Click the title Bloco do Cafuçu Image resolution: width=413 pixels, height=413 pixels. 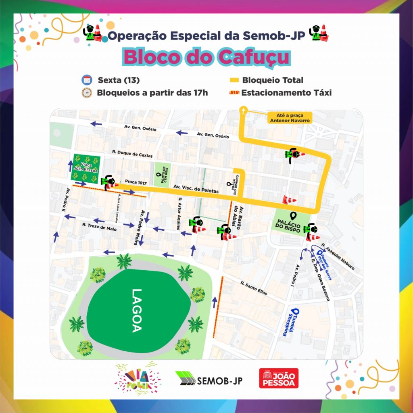click(x=206, y=57)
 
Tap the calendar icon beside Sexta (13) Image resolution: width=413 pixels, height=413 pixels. click(x=86, y=79)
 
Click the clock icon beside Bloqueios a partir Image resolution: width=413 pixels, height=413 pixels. click(x=86, y=93)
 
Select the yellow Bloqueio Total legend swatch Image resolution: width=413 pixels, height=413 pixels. click(x=234, y=80)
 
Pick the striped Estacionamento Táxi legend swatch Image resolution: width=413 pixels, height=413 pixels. click(x=234, y=93)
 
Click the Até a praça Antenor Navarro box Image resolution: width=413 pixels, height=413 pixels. click(x=285, y=117)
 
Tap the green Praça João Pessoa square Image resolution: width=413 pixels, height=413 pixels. click(x=86, y=167)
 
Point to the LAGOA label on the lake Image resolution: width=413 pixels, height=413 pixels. click(x=136, y=311)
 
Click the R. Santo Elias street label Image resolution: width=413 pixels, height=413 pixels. click(x=253, y=288)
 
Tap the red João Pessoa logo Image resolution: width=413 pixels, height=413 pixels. click(x=279, y=379)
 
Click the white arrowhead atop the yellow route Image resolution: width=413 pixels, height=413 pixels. click(x=243, y=108)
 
